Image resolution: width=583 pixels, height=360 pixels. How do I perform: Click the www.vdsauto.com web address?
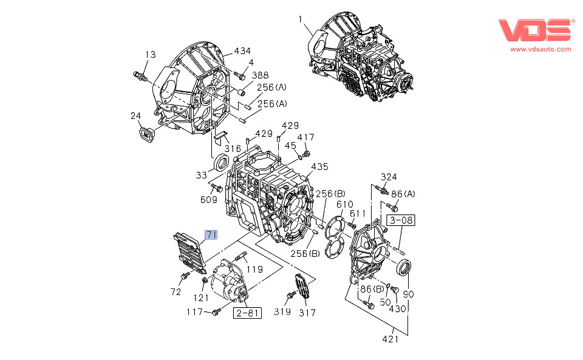click(540, 49)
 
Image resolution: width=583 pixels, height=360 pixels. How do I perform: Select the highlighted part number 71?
click(211, 234)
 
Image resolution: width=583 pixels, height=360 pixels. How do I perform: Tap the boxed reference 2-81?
click(247, 313)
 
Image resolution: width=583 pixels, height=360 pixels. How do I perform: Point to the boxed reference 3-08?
click(401, 220)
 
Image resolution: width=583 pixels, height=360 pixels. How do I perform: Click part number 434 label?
click(242, 51)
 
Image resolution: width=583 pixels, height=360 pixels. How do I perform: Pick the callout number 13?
click(150, 55)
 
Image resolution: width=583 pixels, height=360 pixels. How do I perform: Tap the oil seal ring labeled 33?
click(223, 162)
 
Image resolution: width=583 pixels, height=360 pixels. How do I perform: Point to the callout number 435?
click(319, 166)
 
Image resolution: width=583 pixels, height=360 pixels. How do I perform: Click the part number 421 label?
click(390, 339)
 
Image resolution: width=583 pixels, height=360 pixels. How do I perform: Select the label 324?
click(389, 177)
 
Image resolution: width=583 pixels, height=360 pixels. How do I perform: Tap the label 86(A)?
click(404, 194)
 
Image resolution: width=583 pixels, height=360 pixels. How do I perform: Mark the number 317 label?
click(307, 313)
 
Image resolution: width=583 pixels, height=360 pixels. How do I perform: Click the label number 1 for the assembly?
click(300, 19)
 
